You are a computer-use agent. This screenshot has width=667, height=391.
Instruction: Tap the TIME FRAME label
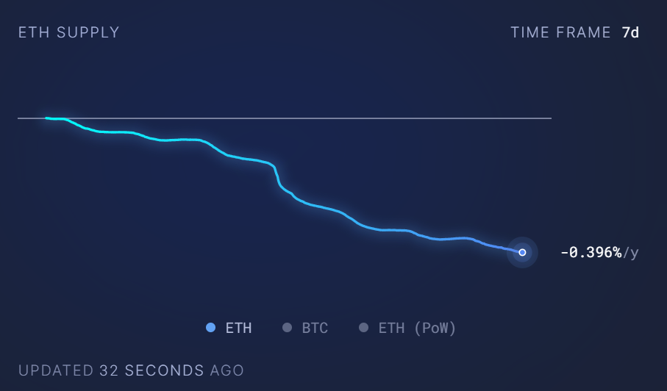(x=561, y=32)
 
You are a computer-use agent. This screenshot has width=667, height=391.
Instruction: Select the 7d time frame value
(x=630, y=32)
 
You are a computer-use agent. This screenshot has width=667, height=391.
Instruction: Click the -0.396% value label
(x=591, y=253)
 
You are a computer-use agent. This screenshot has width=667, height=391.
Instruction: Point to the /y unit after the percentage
(x=631, y=253)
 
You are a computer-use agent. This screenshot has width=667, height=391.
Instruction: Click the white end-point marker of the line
(x=522, y=252)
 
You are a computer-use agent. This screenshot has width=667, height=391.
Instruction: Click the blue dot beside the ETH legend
(x=211, y=328)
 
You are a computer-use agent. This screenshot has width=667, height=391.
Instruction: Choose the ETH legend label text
(x=238, y=328)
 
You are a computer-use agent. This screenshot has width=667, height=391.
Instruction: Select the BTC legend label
(x=315, y=328)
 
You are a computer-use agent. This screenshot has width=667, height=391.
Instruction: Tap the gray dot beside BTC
(x=288, y=328)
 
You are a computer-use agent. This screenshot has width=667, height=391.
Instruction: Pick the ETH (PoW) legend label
(x=417, y=328)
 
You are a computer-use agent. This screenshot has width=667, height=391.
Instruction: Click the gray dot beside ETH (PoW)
(x=363, y=328)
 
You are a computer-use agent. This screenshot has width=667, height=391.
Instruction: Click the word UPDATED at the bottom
(x=56, y=370)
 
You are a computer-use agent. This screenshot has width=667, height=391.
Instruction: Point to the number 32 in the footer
(x=109, y=370)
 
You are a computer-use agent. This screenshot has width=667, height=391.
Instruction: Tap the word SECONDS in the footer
(x=164, y=370)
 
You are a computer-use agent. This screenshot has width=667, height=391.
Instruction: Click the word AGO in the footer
(x=227, y=370)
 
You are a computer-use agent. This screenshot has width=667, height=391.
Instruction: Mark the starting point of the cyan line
(x=46, y=118)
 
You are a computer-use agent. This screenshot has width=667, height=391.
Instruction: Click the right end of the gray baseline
(x=550, y=118)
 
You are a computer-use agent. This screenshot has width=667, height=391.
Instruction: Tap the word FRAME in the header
(x=585, y=32)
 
